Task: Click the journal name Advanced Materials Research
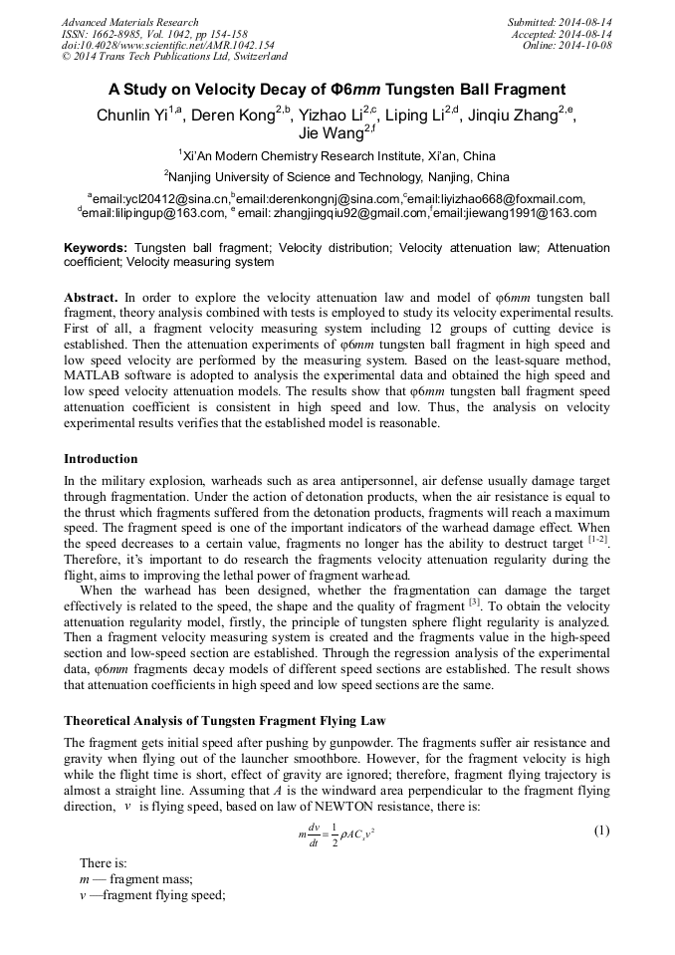[x=129, y=22]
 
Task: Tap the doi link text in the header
[x=167, y=46]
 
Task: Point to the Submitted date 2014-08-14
[x=560, y=22]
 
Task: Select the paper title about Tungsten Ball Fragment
[x=337, y=89]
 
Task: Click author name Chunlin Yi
[x=135, y=116]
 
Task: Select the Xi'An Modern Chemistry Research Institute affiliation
[x=337, y=155]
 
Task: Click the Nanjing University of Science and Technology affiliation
[x=337, y=177]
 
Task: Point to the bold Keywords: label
[x=96, y=247]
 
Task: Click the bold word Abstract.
[x=91, y=298]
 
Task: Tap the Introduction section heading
[x=101, y=459]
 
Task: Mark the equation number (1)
[x=600, y=830]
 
